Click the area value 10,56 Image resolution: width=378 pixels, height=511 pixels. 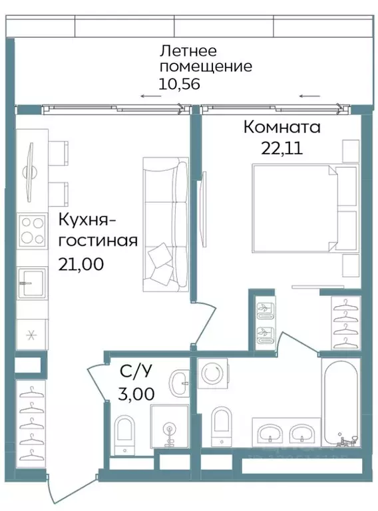pos(179,84)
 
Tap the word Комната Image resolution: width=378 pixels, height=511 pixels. pos(282,126)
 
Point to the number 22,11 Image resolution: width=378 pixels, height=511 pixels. pos(282,148)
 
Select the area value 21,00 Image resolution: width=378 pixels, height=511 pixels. pos(81,263)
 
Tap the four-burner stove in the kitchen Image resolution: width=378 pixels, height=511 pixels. pos(31,231)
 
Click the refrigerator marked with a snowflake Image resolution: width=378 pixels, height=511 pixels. pos(30,335)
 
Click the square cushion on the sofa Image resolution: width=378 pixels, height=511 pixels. pos(162,255)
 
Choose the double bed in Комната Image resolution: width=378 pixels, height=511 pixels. pos(296,209)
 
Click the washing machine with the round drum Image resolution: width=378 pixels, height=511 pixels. pos(213,375)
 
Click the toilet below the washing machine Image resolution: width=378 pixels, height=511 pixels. pos(221,425)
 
